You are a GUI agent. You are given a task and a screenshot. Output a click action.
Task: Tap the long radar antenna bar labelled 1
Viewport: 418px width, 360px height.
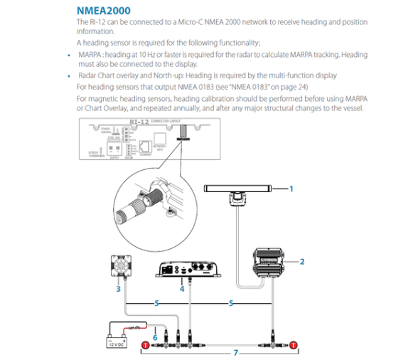(239, 189)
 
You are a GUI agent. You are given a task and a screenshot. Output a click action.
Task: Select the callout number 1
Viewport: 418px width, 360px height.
(291, 189)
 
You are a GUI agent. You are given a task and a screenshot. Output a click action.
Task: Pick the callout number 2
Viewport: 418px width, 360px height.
(302, 262)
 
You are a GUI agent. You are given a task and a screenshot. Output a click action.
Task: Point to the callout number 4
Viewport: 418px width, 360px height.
(182, 290)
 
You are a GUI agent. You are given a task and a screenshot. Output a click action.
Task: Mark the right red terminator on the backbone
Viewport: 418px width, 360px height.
(292, 345)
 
